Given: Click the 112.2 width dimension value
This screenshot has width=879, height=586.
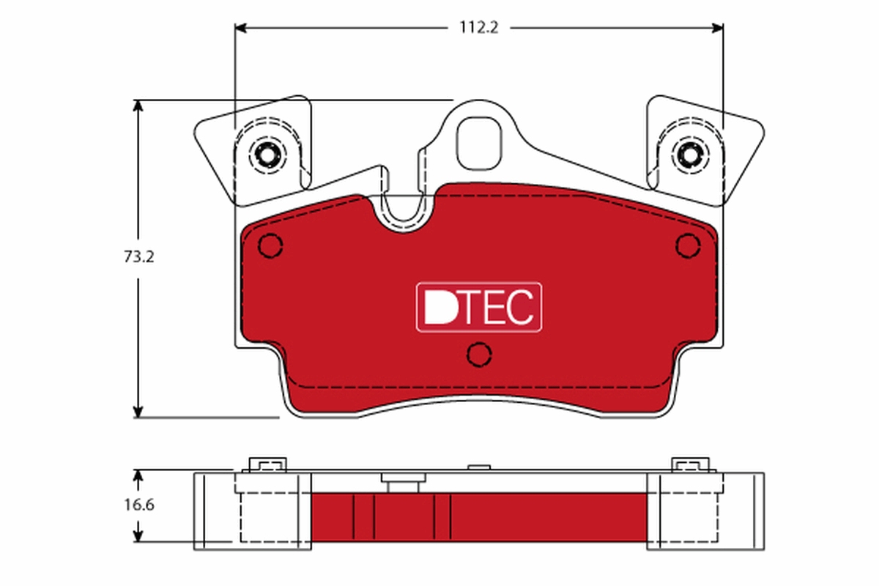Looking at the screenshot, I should [x=478, y=28].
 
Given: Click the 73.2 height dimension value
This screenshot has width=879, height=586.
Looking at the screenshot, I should [x=138, y=257].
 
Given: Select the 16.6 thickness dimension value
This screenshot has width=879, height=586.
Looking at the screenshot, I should [x=138, y=505].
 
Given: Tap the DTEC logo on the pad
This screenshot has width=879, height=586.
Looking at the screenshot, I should [x=479, y=307].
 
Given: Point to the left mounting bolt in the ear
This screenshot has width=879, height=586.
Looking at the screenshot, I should [x=265, y=155].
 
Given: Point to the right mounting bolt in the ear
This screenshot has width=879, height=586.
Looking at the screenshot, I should [x=689, y=155].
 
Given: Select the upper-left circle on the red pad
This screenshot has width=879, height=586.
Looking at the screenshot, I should [x=271, y=245].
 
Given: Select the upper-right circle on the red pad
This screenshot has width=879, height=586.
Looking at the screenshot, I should [x=688, y=245].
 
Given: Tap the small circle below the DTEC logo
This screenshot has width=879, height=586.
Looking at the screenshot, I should [x=479, y=354].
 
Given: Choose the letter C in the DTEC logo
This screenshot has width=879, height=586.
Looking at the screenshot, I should [x=520, y=308].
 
